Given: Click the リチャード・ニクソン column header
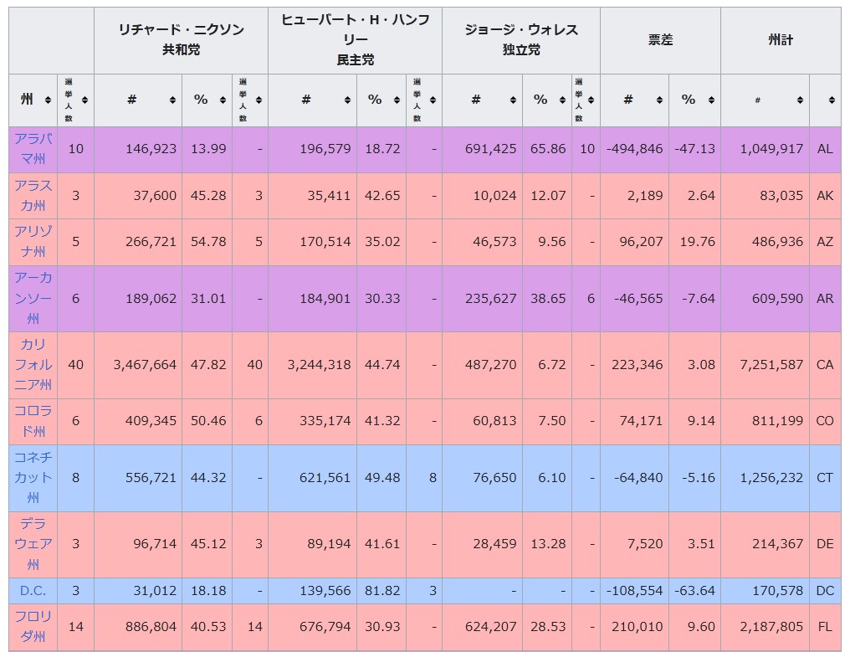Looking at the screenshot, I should coord(181,30).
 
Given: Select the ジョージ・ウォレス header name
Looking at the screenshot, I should coord(520,30).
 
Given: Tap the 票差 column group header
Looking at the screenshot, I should coord(660,39).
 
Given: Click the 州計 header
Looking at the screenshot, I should coord(780,39).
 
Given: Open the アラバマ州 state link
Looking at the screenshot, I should coord(33,148).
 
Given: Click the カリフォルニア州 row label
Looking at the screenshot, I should coord(33,365).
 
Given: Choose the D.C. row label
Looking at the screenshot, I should coord(33,591).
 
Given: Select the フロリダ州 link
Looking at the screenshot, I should coord(33,626).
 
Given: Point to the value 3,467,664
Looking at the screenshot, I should coord(143,365).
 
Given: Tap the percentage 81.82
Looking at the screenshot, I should coord(382,591).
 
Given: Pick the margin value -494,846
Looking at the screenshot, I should coord(634,149).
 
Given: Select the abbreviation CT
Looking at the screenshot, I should coord(825,478).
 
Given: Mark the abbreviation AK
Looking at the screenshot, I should coord(825,196).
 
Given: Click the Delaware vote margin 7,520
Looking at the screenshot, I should coord(645,544).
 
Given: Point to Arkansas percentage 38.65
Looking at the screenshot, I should coord(548,299).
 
